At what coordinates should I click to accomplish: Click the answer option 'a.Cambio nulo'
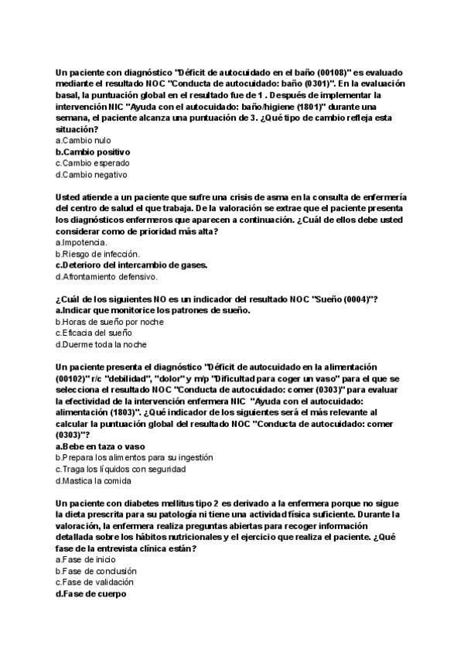(84, 141)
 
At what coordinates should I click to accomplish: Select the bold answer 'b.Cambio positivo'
(93, 152)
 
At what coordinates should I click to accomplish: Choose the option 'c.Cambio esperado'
(93, 163)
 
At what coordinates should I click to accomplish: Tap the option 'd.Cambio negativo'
(92, 174)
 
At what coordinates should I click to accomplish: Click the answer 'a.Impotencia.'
(81, 243)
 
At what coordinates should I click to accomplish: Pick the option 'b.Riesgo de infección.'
(97, 254)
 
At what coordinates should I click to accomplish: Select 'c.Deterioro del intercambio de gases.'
(131, 265)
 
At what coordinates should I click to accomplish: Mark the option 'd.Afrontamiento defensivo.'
(107, 276)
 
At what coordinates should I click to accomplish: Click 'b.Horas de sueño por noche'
(109, 322)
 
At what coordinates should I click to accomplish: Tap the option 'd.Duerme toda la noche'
(101, 344)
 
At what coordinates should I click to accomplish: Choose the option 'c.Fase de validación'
(94, 582)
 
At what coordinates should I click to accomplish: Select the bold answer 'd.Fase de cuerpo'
(91, 593)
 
